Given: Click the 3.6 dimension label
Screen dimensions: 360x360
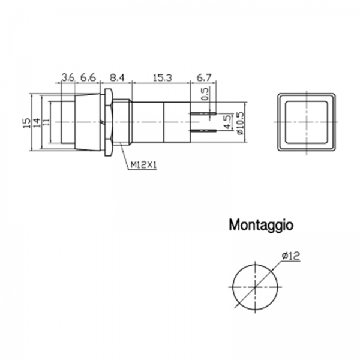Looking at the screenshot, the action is point(68,78).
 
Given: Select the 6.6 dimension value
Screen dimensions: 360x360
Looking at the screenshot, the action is point(88,78).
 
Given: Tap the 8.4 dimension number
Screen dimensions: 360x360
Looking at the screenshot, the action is point(117,78).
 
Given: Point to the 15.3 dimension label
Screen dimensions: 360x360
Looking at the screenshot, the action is point(163,78).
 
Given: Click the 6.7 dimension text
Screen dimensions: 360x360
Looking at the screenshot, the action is point(204,78).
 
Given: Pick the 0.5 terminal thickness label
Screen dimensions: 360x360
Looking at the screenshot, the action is point(205,94).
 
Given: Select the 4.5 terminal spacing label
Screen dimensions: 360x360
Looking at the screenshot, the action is point(227,122).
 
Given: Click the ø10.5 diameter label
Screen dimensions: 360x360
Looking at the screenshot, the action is point(239,123).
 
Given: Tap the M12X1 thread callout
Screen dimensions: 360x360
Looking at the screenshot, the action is point(143,164).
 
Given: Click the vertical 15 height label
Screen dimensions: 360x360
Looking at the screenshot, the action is point(27,123).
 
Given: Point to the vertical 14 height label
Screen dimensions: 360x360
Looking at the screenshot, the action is point(36,123).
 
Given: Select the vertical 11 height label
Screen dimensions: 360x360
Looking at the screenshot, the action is point(46,122).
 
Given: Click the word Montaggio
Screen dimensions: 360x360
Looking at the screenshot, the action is point(261,225).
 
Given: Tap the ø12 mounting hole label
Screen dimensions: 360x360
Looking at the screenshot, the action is point(291,256).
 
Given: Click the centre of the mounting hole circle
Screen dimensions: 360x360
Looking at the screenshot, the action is point(256,287).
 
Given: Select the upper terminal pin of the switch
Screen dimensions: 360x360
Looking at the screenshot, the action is point(203,113).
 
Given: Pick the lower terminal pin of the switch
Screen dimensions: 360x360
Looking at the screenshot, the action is point(203,131).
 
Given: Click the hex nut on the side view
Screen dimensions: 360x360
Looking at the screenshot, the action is point(109,122).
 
